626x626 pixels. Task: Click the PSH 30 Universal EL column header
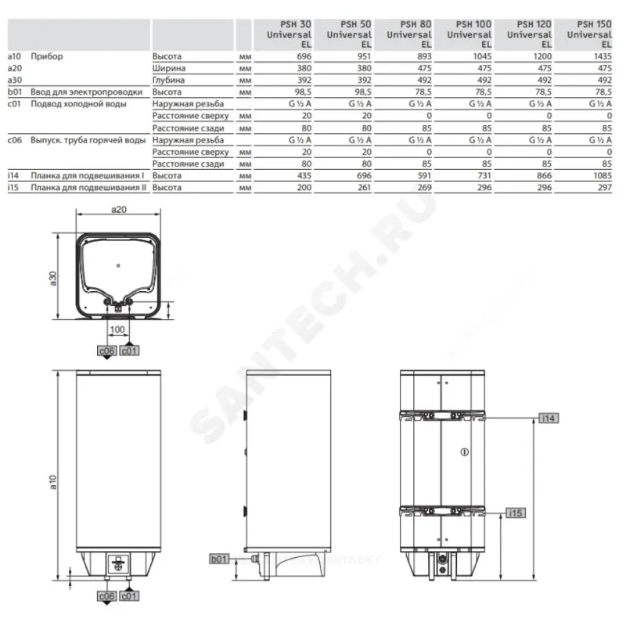pos(289,34)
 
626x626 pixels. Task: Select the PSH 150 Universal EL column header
pos(590,34)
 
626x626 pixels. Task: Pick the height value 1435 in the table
pos(603,56)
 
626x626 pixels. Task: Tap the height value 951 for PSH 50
pos(364,56)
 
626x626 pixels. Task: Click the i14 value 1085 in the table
pos(603,175)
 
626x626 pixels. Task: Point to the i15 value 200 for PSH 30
pos(304,188)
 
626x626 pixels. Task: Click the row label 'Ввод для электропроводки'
pos(86,92)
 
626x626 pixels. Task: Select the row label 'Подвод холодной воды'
pos(79,104)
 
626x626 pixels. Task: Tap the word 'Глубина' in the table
pos(168,81)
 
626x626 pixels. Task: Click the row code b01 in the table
pos(15,92)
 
